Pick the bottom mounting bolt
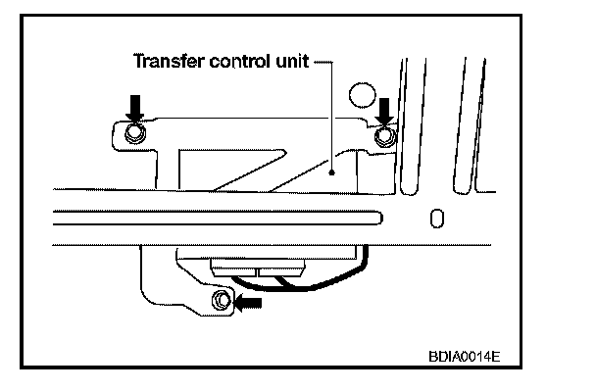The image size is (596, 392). click(x=222, y=299)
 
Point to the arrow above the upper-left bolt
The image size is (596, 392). click(x=136, y=103)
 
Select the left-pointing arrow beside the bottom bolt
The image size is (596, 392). click(x=251, y=303)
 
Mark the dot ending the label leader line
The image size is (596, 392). click(x=332, y=172)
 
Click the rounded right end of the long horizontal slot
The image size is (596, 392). click(x=387, y=216)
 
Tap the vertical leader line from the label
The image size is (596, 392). click(x=332, y=118)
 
